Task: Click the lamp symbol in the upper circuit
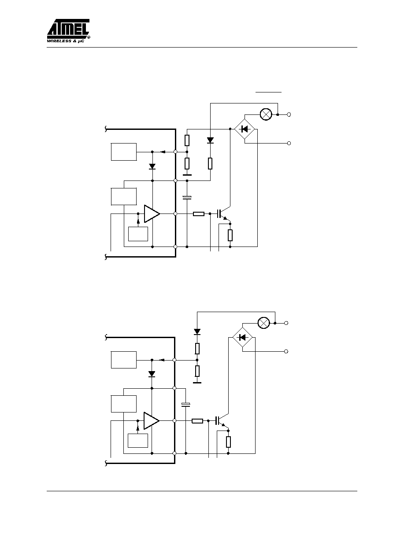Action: [266, 114]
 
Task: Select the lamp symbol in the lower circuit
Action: [263, 323]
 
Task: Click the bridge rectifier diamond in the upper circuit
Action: [245, 129]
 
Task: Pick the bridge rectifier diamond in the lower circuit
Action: [242, 337]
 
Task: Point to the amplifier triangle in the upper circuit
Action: [152, 214]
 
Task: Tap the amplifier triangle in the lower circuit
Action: [151, 421]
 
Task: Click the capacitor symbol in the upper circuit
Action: [187, 198]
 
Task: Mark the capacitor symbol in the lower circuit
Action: [186, 405]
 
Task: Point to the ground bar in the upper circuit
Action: [187, 175]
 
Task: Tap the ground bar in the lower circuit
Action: [197, 383]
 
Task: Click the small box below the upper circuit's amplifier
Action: [138, 234]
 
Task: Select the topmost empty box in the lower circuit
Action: [124, 360]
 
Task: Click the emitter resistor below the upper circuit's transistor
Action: [230, 236]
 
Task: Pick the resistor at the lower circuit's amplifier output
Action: [197, 421]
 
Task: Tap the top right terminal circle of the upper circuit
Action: [289, 114]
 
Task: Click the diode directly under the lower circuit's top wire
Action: [197, 331]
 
